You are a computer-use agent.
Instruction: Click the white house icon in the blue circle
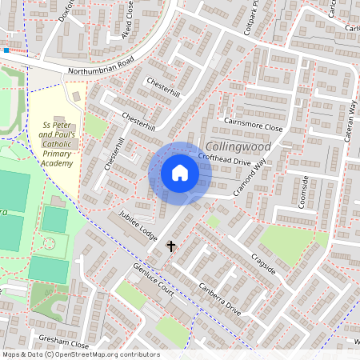tap(180, 173)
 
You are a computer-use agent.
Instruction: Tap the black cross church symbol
tap(170, 246)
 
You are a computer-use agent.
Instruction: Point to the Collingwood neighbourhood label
tap(238, 147)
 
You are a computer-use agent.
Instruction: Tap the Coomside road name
tap(303, 193)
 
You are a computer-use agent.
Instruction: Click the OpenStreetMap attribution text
tap(81, 354)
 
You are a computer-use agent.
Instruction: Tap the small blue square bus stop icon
tap(6, 50)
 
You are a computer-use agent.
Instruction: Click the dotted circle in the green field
tap(50, 243)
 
